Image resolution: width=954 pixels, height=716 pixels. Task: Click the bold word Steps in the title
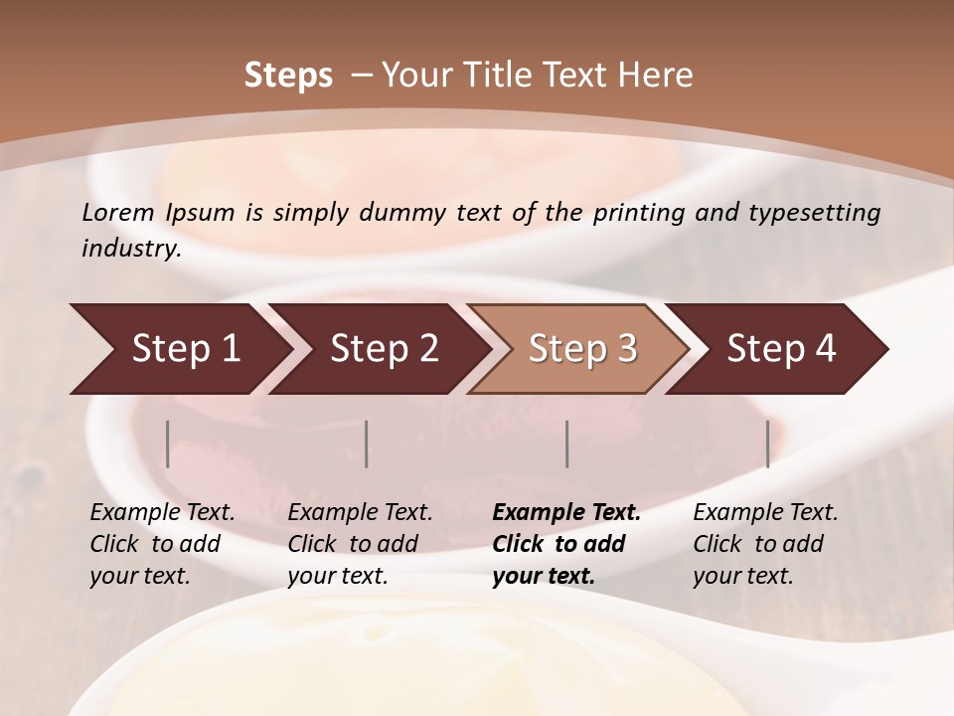click(288, 76)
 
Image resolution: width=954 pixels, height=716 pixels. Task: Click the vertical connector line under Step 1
click(168, 444)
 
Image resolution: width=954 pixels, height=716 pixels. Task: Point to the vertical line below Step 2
click(367, 444)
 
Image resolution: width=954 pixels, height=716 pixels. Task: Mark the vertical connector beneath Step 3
click(567, 444)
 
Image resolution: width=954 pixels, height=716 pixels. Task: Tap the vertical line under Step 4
click(767, 444)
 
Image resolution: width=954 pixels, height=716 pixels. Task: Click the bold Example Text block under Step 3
click(566, 544)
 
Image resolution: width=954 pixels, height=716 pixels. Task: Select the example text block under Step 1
click(162, 544)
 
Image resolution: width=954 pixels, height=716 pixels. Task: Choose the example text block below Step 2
click(360, 544)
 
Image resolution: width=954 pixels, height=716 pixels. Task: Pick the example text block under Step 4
click(765, 544)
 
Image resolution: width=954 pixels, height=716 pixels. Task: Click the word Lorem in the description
click(118, 212)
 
